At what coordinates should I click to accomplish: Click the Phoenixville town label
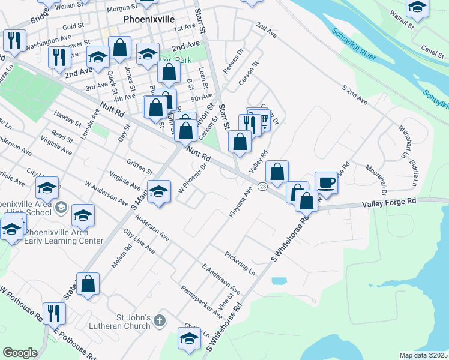(148, 19)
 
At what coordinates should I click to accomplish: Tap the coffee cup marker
(326, 182)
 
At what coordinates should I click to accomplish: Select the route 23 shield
(263, 187)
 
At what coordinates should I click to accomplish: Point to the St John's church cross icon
(159, 320)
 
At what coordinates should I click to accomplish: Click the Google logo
(20, 353)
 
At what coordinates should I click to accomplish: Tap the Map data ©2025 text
(423, 355)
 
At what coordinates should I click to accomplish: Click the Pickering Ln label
(240, 264)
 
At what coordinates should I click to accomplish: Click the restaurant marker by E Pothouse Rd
(54, 313)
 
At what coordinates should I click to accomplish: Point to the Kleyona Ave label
(240, 203)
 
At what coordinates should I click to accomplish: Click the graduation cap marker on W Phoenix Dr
(158, 191)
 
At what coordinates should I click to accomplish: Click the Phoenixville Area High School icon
(61, 208)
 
